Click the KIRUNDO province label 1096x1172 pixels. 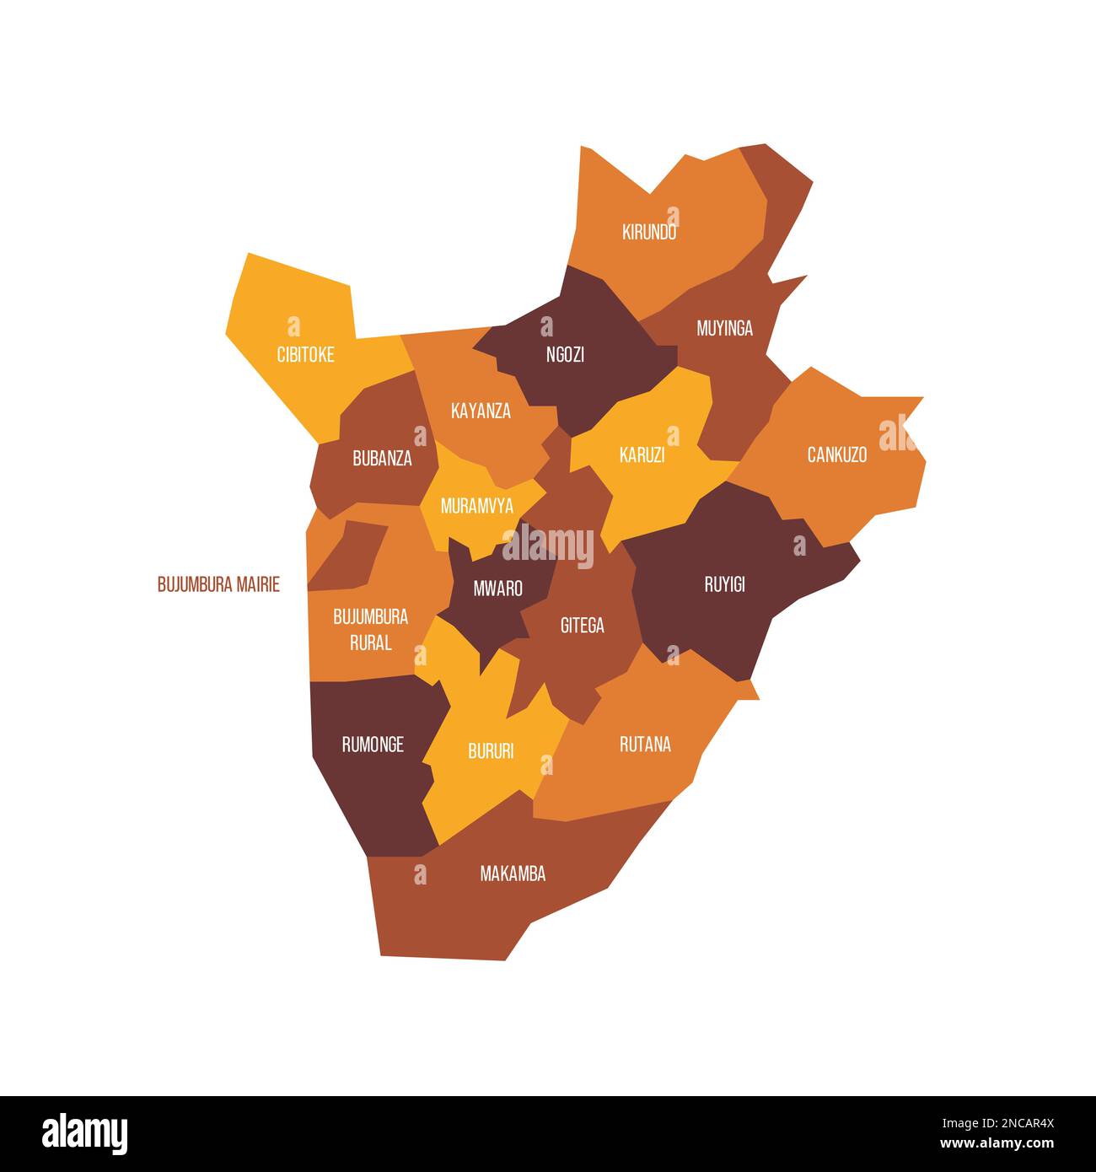pos(649,233)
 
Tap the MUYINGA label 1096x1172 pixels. pos(724,328)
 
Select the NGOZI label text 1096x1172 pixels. pos(565,355)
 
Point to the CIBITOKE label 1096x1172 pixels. pos(305,355)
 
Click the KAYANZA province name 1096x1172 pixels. pos(481,411)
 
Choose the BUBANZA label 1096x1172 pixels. pos(382,459)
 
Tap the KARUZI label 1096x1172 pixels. pos(642,455)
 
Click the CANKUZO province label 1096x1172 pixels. pos(836,455)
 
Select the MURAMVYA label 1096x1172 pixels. pos(476,507)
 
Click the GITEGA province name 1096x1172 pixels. pos(582,626)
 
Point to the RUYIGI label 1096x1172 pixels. pos(724,584)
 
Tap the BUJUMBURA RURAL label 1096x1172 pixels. pos(370,629)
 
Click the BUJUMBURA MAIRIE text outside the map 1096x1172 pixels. pos(218,584)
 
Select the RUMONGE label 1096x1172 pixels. pos(373,745)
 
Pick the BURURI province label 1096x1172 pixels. pos(490,751)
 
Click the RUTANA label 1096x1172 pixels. pos(645,745)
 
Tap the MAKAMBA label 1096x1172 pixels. pos(513,874)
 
